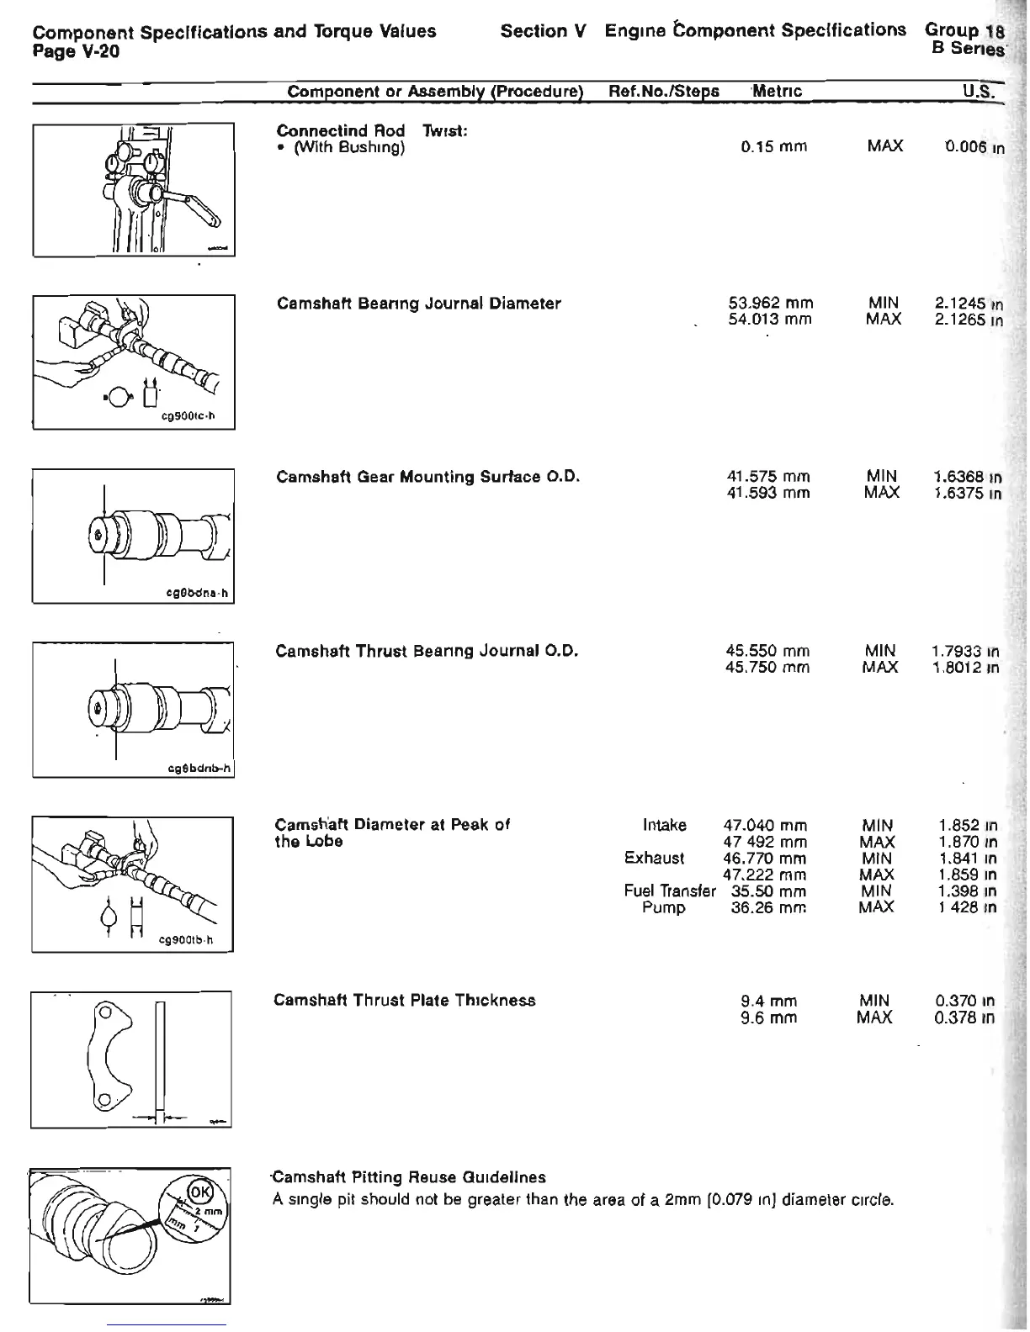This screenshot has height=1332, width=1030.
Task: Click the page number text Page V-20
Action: [76, 52]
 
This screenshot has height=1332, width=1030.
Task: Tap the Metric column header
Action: [777, 91]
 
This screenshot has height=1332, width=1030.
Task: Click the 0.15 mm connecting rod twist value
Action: [773, 146]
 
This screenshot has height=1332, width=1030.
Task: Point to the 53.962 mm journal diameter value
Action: [770, 303]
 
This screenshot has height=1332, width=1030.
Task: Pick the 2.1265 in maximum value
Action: [969, 320]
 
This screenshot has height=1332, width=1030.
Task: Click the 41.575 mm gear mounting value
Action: [767, 477]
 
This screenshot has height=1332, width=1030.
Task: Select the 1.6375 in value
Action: [967, 493]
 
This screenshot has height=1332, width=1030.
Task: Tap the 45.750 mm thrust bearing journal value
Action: [767, 667]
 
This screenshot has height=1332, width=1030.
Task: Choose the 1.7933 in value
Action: [965, 651]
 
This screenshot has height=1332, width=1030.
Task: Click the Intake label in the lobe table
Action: [664, 825]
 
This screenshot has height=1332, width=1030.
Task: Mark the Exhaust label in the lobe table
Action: [654, 858]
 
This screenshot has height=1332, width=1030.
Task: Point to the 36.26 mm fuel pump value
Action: [768, 907]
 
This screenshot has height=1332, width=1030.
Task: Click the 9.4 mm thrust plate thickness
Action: [768, 1002]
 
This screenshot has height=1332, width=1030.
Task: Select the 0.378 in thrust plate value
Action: [964, 1017]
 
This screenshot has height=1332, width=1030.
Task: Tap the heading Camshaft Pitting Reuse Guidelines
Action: [408, 1177]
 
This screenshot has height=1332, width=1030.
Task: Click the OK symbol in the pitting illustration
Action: [200, 1192]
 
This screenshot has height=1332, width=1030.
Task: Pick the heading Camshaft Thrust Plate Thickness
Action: [405, 1001]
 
